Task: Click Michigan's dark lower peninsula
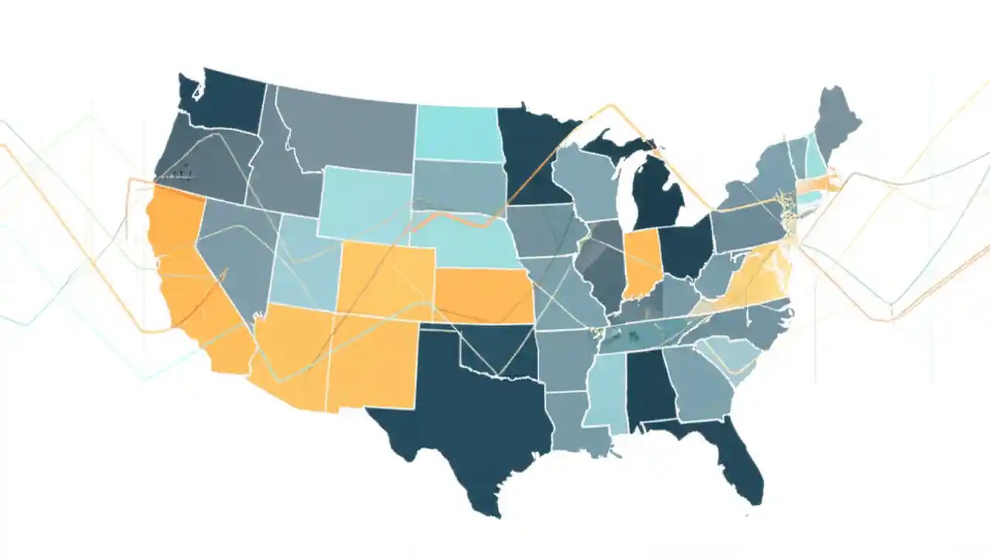point(657,197)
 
